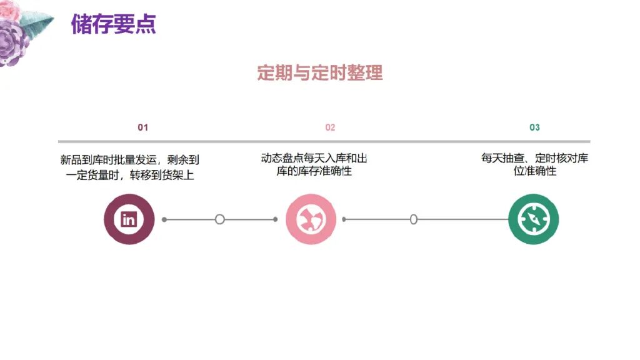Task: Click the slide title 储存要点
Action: tap(113, 24)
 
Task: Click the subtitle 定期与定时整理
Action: tap(319, 72)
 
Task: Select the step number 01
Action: tap(143, 127)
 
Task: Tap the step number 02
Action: tap(330, 127)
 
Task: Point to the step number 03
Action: tap(534, 127)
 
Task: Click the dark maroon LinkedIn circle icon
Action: tap(129, 219)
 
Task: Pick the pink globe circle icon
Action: tap(311, 219)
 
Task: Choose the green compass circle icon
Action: tap(533, 219)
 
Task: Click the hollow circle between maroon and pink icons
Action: tap(219, 219)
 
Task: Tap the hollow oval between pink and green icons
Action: tap(413, 219)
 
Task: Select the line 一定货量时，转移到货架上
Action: tap(130, 176)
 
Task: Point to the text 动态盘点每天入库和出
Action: tap(314, 158)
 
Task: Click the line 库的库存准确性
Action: tap(314, 171)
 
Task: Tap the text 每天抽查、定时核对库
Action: tap(534, 158)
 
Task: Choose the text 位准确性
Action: tap(534, 171)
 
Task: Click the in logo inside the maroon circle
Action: tap(129, 219)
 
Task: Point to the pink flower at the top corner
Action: tap(9, 9)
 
